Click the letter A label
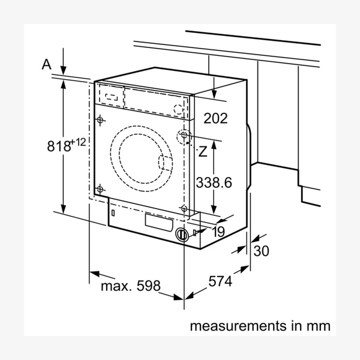click(47, 65)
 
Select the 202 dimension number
click(216, 118)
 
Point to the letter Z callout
click(203, 151)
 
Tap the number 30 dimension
click(262, 251)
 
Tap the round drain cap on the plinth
click(181, 233)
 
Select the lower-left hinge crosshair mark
click(100, 189)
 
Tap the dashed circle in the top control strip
click(178, 109)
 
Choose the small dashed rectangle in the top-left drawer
click(109, 95)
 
